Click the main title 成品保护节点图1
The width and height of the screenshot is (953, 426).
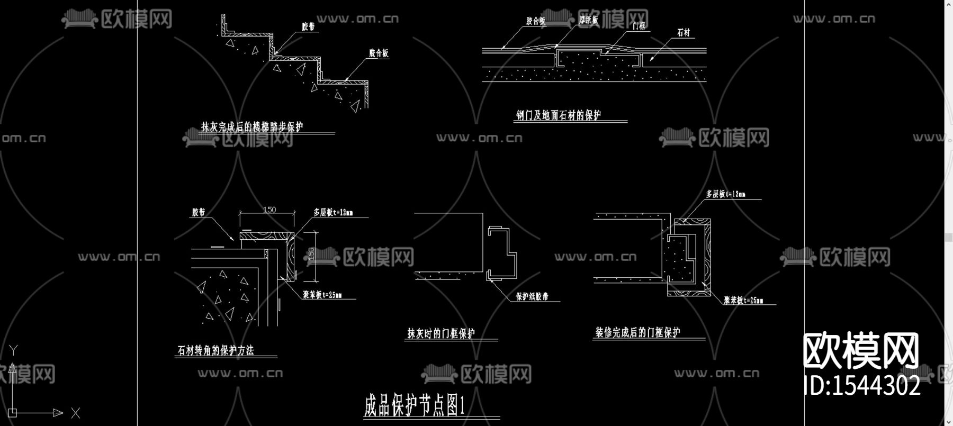[x=415, y=405]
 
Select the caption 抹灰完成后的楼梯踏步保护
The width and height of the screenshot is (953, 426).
[x=252, y=127]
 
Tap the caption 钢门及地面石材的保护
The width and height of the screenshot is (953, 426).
[x=559, y=115]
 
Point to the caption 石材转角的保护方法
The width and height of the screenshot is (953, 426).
[x=215, y=350]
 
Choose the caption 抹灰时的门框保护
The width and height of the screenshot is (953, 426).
[x=441, y=333]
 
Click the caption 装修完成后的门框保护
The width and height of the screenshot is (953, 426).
[x=637, y=332]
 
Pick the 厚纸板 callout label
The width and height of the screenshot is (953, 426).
[x=588, y=20]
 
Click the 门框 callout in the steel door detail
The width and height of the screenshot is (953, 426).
[x=639, y=25]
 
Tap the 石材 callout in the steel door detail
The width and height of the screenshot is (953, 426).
[x=684, y=33]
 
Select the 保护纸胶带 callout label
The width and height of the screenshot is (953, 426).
[x=532, y=296]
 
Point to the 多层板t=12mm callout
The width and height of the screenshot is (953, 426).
[x=725, y=194]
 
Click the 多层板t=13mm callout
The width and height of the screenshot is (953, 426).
[x=332, y=213]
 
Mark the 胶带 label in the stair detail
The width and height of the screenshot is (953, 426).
[x=308, y=26]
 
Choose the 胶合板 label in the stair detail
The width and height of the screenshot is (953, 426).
[x=379, y=53]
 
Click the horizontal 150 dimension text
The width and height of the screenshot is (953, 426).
[x=269, y=210]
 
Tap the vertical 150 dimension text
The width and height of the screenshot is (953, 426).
[x=311, y=254]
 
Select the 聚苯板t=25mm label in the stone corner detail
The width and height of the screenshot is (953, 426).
[x=322, y=295]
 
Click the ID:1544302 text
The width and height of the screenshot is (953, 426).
[x=862, y=386]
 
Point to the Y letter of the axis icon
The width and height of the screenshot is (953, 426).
[x=13, y=350]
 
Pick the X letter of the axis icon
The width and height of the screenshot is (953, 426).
[x=75, y=413]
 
